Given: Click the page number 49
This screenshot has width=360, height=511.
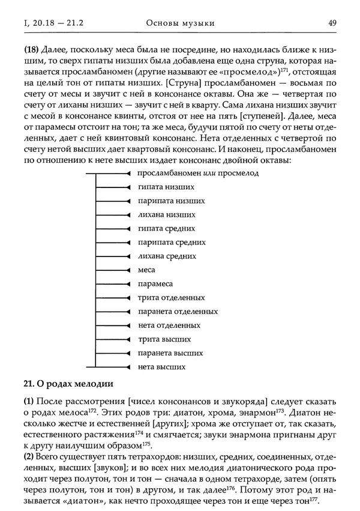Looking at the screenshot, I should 332,23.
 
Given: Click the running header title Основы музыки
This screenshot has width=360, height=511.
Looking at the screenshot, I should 180,23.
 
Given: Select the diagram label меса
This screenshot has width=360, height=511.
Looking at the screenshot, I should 146,270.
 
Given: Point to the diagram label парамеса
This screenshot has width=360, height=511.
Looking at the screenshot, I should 155,284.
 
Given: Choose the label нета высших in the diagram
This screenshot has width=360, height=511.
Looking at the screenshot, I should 161,367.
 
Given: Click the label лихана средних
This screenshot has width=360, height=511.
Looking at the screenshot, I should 167,256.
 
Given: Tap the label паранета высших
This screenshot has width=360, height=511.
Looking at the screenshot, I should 170,353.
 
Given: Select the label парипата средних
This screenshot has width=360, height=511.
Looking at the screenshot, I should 172,243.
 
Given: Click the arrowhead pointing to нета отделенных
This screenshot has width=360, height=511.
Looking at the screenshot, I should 128,325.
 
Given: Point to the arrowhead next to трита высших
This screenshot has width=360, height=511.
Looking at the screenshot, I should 128,339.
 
